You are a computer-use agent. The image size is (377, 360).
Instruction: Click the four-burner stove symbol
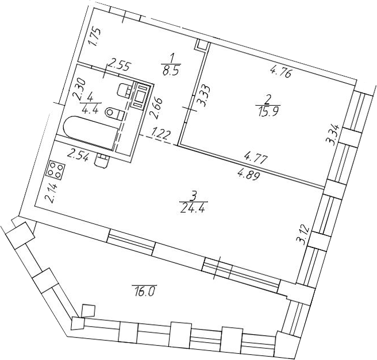coord(56,169)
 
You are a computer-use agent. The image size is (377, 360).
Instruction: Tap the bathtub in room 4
coord(91,132)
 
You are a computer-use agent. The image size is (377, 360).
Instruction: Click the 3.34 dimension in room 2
coord(333,134)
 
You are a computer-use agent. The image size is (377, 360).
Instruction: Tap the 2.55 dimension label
coord(120,66)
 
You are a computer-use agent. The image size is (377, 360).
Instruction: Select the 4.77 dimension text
coord(256,159)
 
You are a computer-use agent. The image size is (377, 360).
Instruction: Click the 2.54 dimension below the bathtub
coord(79,157)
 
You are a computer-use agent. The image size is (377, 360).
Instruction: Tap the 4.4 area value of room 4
coord(90,111)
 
